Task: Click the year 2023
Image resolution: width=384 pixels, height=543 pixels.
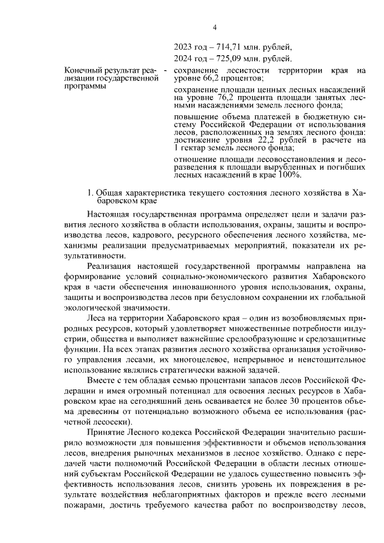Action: pyautogui.click(x=182, y=47)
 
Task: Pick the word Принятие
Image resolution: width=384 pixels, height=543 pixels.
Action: pyautogui.click(x=106, y=433)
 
